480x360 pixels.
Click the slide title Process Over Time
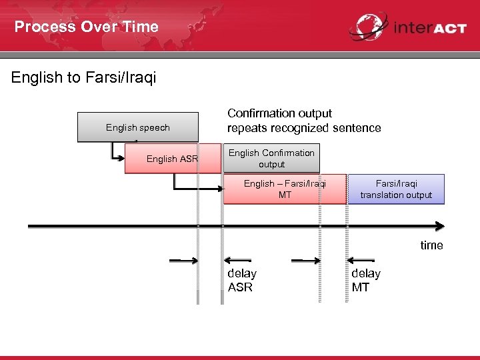click(x=87, y=27)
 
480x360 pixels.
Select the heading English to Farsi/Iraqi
click(x=83, y=78)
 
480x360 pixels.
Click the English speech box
click(x=138, y=127)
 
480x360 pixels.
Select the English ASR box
click(x=172, y=159)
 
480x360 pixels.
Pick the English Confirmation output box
click(x=271, y=159)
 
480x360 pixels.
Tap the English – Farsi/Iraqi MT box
click(x=285, y=189)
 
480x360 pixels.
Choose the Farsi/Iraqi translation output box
click(x=396, y=189)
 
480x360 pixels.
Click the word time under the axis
click(x=431, y=245)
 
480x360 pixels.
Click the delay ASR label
click(x=241, y=280)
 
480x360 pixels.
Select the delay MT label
click(x=366, y=280)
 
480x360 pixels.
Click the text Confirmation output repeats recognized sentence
click(x=304, y=121)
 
